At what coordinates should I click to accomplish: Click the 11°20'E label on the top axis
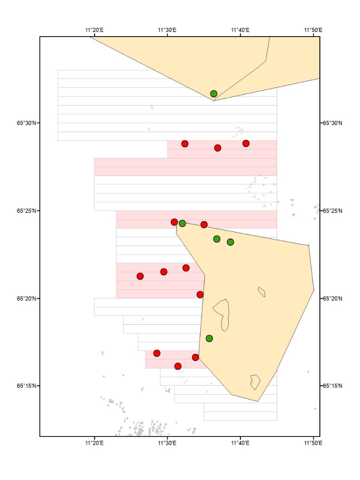tap(94, 30)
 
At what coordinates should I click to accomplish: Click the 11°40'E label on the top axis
tap(240, 30)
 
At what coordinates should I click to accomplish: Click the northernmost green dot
tap(213, 94)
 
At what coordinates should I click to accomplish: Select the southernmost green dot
tap(209, 338)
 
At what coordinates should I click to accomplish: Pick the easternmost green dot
tap(230, 242)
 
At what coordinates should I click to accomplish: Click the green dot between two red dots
tap(182, 223)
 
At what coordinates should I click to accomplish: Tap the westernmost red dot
tap(140, 276)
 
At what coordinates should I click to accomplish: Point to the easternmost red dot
tap(246, 143)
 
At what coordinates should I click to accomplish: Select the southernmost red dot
tap(178, 366)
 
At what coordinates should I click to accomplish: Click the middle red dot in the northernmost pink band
tap(218, 148)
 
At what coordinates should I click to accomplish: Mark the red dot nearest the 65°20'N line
tap(200, 294)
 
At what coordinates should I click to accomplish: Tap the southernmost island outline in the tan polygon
tap(255, 381)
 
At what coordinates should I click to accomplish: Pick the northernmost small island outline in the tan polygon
tap(261, 292)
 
